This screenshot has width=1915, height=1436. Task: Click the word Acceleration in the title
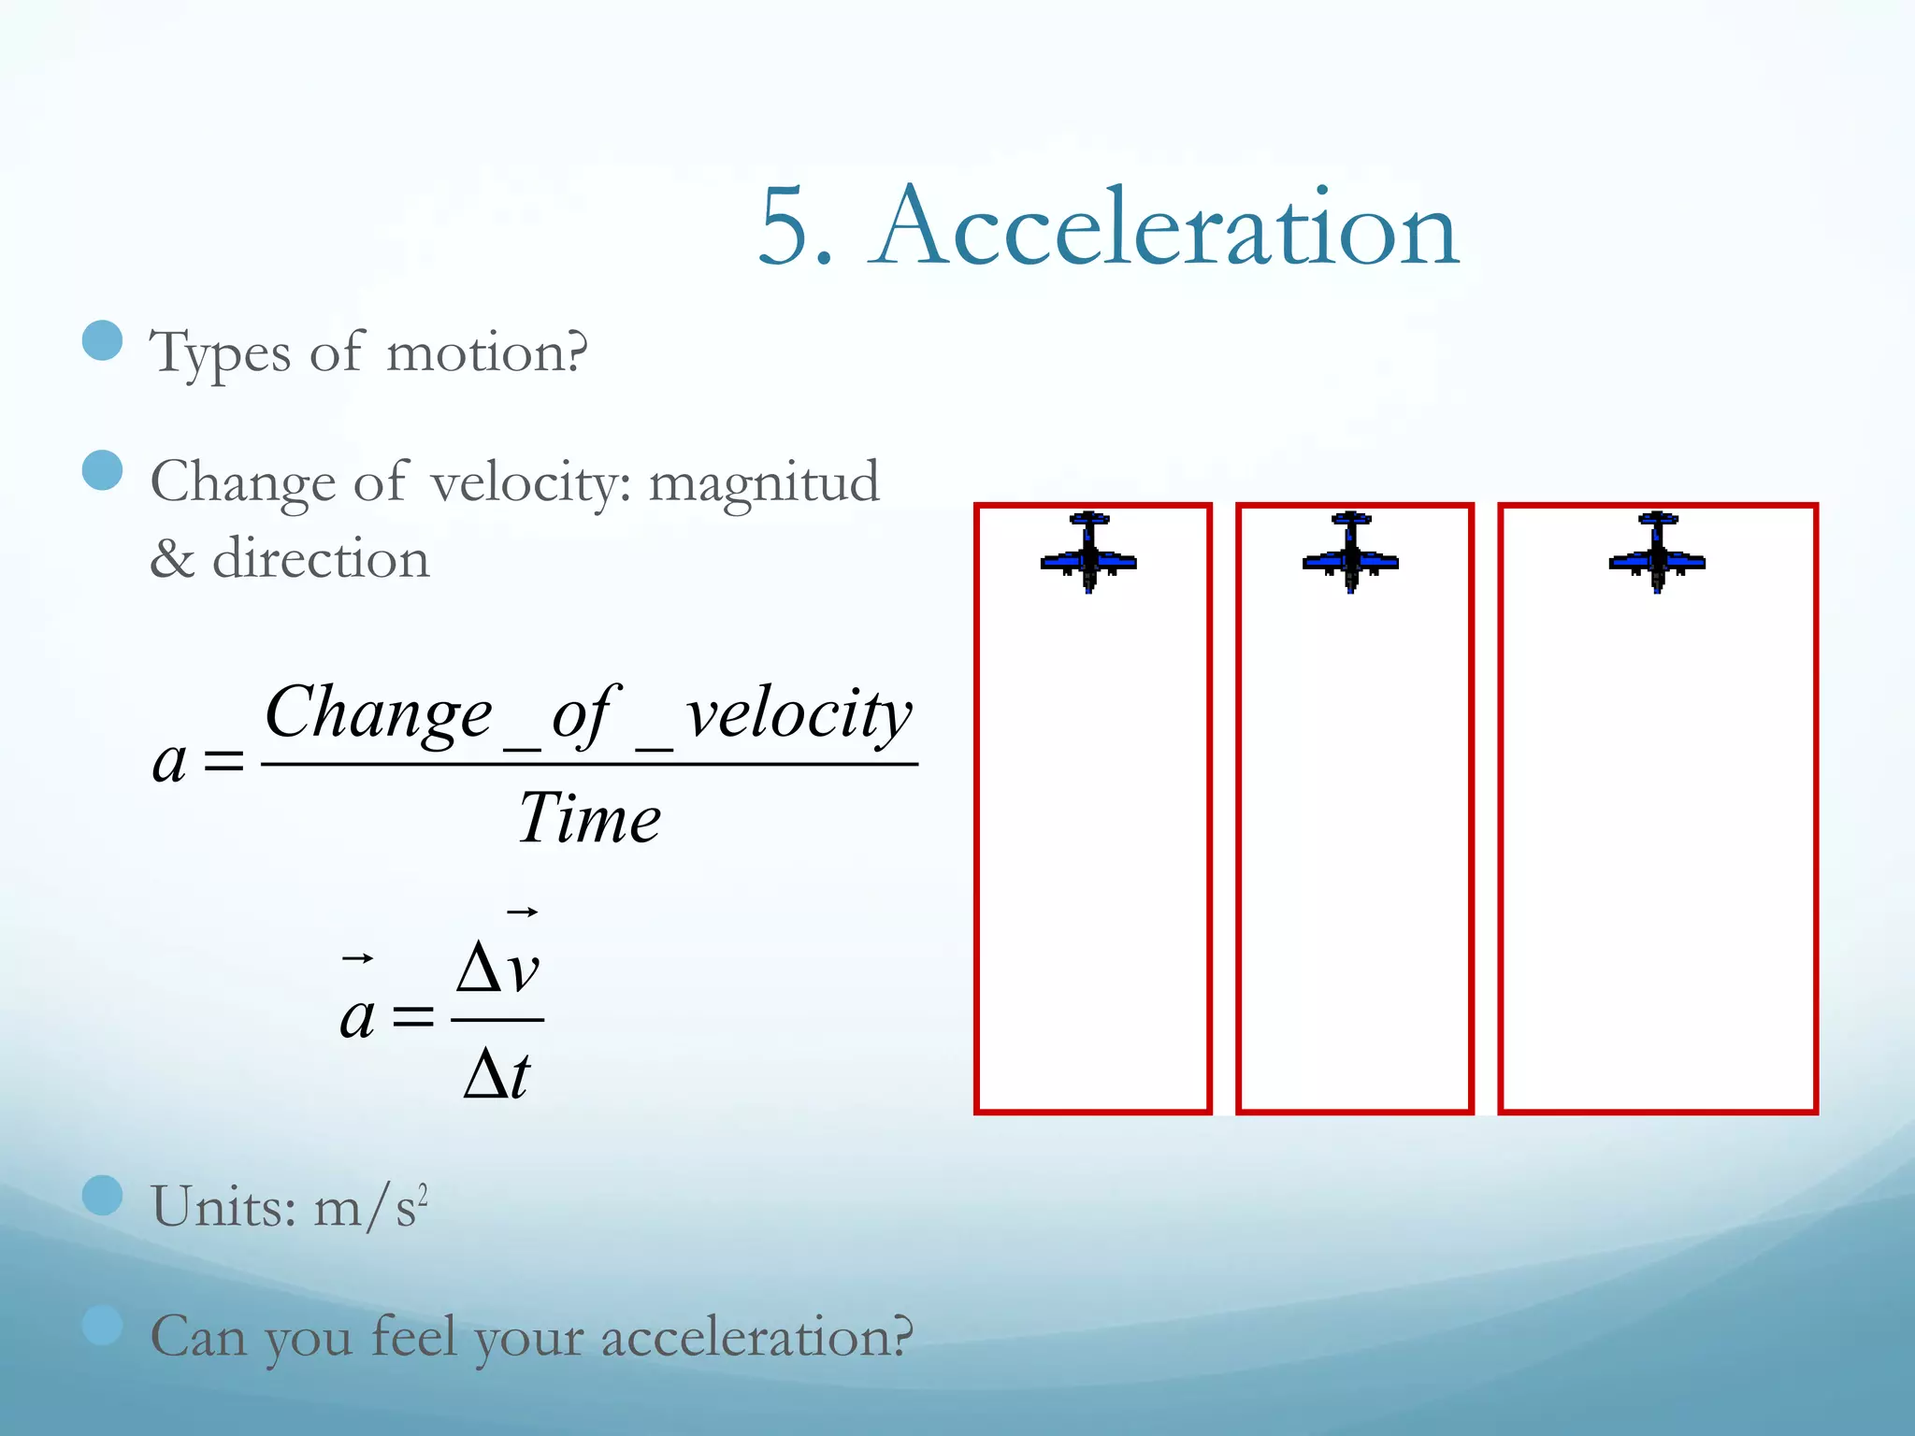(x=1164, y=227)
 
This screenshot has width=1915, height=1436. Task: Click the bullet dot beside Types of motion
(x=103, y=340)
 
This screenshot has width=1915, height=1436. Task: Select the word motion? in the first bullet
(x=487, y=353)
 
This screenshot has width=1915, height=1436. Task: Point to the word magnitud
(x=764, y=482)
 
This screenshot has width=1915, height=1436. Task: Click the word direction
(x=321, y=559)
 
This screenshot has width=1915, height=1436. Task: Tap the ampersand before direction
(x=172, y=559)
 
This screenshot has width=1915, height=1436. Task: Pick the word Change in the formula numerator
(x=378, y=714)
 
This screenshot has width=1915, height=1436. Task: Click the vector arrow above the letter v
(x=522, y=912)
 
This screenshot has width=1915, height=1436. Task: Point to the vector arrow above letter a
(x=357, y=958)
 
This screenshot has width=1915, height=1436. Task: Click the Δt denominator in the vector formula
(x=497, y=1074)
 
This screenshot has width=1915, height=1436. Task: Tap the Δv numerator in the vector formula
(x=497, y=968)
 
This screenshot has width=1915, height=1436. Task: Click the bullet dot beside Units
(x=103, y=1196)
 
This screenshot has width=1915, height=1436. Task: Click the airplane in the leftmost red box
(x=1088, y=553)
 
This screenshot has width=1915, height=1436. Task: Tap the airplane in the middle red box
(x=1350, y=553)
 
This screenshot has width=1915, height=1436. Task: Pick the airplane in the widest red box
(x=1657, y=553)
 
